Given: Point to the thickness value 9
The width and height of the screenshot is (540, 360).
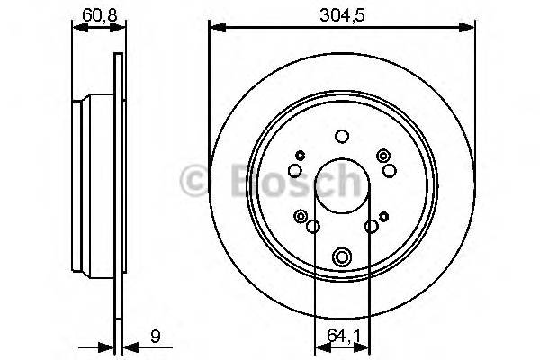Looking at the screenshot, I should pos(156,337).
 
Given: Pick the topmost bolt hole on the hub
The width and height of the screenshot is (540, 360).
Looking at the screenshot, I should pos(341,137).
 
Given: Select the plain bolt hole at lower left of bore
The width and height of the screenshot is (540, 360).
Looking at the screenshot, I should pos(313,227).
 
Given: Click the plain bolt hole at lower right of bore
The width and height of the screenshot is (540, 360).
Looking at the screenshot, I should pos(370,227).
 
